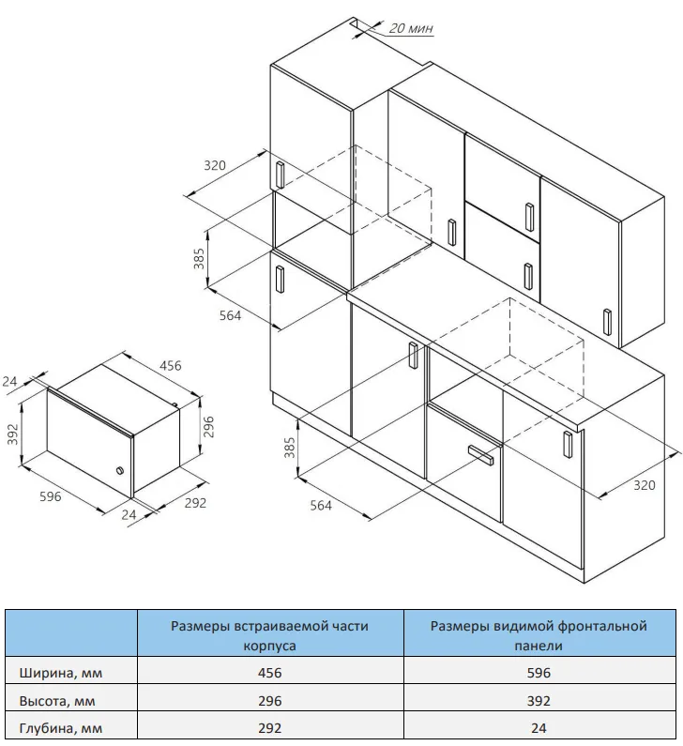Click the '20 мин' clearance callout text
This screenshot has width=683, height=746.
(x=411, y=28)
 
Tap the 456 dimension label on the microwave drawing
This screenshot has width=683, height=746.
(x=170, y=365)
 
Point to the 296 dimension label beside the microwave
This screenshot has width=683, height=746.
(x=208, y=427)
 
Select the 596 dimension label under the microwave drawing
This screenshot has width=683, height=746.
(x=51, y=496)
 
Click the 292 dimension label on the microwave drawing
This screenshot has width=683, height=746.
(x=195, y=503)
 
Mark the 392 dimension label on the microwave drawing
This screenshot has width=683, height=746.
(x=12, y=434)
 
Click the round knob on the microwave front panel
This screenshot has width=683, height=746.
(x=120, y=470)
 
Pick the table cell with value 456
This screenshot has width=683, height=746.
(x=269, y=673)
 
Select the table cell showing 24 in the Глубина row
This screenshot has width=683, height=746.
(x=539, y=728)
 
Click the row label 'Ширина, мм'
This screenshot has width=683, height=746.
(x=61, y=673)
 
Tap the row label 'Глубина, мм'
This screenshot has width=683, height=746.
(x=61, y=728)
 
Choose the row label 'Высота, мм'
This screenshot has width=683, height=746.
(x=57, y=701)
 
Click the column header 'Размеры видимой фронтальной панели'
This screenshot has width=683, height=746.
(x=539, y=635)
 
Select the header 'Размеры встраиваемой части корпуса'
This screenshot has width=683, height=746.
(x=269, y=635)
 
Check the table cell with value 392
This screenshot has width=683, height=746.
(x=539, y=700)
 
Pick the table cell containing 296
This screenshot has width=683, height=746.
(x=269, y=700)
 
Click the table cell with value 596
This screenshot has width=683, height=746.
(x=539, y=673)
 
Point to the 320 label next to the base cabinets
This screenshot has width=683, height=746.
(x=644, y=485)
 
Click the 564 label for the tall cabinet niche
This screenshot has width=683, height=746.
(x=230, y=315)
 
